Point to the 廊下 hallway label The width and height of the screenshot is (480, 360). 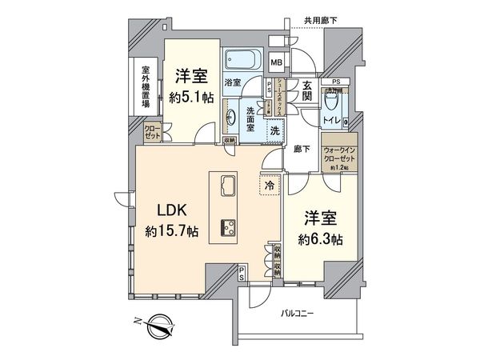point(301,148)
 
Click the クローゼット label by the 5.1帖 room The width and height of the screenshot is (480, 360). point(152,132)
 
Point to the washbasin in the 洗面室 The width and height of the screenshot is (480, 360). point(233,117)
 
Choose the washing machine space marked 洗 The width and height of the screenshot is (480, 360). point(274,131)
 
